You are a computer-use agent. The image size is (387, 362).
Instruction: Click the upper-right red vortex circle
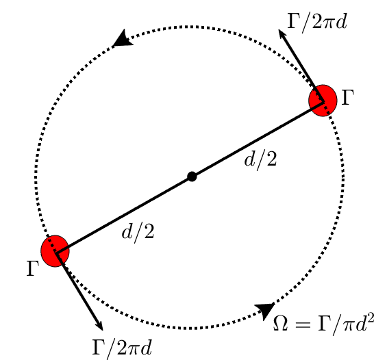pos(323,100)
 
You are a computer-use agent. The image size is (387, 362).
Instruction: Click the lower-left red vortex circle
pos(55,251)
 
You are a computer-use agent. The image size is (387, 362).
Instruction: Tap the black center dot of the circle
pos(192,177)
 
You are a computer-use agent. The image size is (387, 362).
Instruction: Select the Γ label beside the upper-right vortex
pos(348,98)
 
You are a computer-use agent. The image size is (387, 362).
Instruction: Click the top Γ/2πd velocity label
pos(317,21)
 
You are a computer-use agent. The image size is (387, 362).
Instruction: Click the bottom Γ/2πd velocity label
pos(122,348)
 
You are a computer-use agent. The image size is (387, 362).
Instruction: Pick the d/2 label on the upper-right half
pos(261,161)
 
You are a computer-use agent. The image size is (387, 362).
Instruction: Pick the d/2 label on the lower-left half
pos(138,232)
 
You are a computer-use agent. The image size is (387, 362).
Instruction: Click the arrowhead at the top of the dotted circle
pos(123,39)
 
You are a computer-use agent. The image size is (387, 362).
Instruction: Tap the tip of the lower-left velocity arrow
pos(102,329)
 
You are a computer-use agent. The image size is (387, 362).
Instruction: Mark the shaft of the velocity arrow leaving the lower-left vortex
pos(79,292)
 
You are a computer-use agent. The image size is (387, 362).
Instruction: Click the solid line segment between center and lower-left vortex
pos(123,214)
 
